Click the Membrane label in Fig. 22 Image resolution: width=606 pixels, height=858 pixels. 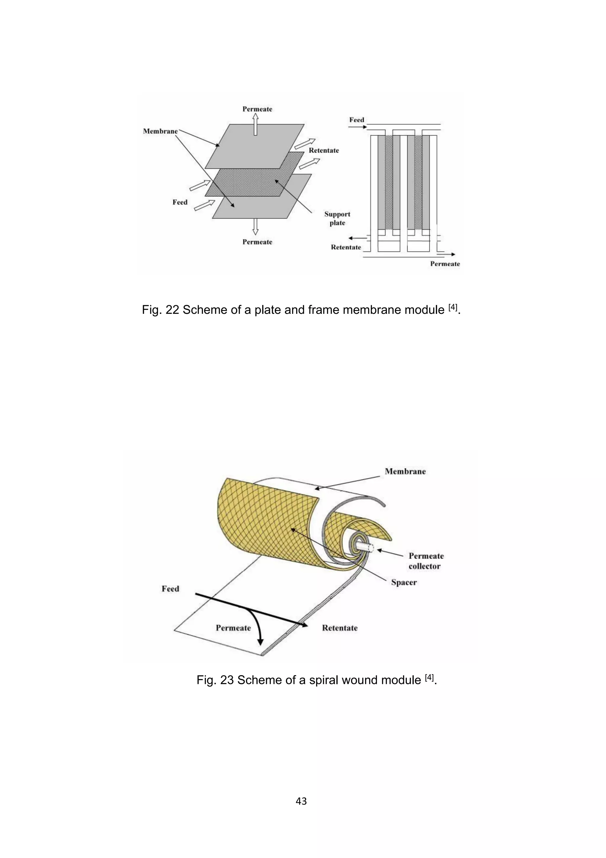click(x=160, y=131)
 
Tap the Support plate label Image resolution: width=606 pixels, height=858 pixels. click(x=337, y=218)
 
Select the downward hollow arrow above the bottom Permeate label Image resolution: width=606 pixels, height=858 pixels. click(x=255, y=226)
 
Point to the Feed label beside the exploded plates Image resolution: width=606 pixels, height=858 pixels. click(x=180, y=202)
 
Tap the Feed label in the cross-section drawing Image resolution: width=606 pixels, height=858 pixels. click(x=357, y=120)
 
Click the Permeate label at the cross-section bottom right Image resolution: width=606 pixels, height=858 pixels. click(x=445, y=264)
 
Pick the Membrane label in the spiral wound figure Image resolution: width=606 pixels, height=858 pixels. click(x=405, y=472)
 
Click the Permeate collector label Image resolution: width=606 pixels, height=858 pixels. click(x=426, y=561)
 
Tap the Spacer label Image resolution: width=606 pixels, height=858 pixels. click(x=404, y=582)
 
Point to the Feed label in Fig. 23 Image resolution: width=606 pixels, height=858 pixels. click(x=170, y=589)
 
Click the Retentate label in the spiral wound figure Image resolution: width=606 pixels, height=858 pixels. click(x=339, y=628)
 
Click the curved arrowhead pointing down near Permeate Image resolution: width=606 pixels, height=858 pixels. click(x=260, y=642)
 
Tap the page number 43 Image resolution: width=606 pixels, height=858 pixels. click(x=301, y=801)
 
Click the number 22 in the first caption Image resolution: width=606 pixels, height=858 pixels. click(x=172, y=310)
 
